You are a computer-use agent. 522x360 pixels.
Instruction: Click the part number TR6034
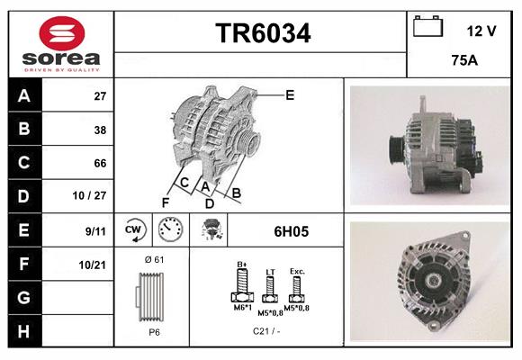tap(263, 33)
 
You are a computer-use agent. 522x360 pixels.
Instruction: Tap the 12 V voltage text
tap(481, 31)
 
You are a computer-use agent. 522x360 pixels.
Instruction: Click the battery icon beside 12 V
tap(427, 28)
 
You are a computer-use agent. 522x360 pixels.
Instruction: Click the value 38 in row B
tap(100, 129)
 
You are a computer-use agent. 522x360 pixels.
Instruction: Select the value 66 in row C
tap(100, 163)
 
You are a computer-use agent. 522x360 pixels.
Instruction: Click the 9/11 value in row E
tap(95, 230)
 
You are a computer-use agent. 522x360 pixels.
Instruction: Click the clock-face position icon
tap(169, 231)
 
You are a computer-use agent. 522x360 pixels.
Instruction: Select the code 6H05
tap(291, 231)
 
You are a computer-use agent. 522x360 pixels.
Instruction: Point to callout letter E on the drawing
tap(290, 94)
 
